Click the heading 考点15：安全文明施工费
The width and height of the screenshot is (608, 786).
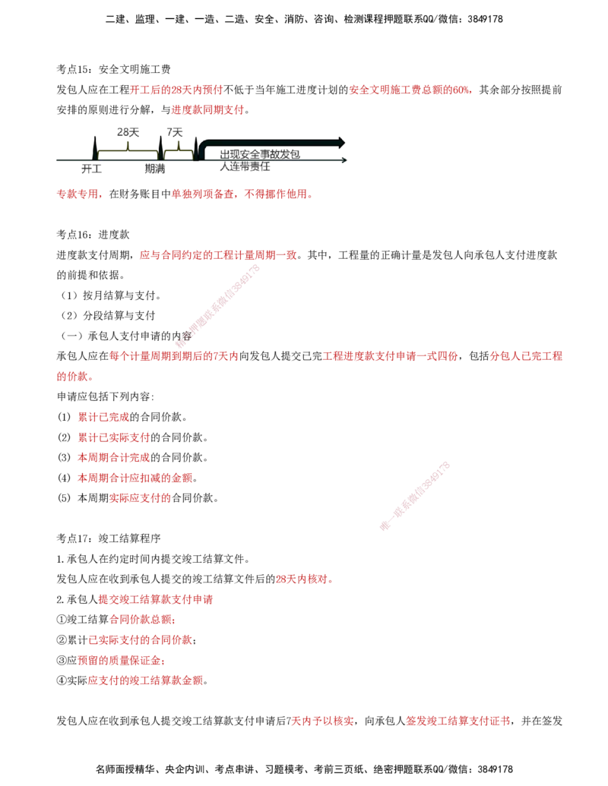(113, 69)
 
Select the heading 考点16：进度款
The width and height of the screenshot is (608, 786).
(93, 235)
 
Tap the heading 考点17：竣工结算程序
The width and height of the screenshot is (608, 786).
(109, 538)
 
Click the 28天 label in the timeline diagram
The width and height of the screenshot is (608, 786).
(128, 132)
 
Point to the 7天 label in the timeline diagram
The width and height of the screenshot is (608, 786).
(175, 132)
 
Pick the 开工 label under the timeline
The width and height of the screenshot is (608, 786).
(92, 169)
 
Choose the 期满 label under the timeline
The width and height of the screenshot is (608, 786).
(155, 169)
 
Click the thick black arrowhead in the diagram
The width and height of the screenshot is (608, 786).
(340, 142)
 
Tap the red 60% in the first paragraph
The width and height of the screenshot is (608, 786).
(461, 90)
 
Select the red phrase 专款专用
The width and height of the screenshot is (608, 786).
(77, 194)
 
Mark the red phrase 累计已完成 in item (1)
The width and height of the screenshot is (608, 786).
(103, 417)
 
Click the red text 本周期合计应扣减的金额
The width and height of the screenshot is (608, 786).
(135, 478)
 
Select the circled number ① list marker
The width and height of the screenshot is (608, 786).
(62, 620)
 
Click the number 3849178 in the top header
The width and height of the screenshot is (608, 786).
(485, 19)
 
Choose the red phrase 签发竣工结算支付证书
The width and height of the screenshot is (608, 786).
(458, 721)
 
